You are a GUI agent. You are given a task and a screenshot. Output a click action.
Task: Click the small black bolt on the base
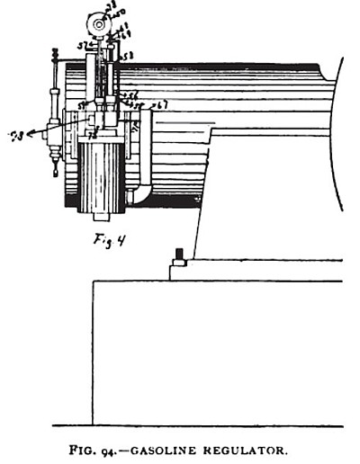click(179, 254)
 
